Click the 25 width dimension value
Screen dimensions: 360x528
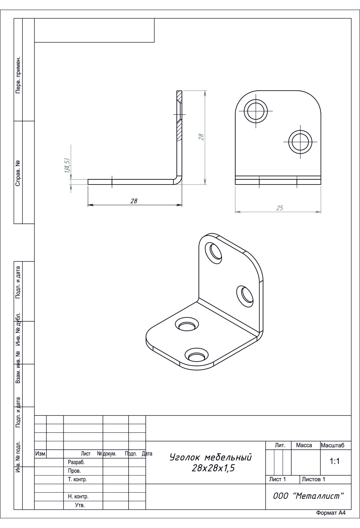click(280, 208)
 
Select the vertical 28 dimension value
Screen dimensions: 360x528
click(201, 137)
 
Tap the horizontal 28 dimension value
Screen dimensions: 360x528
click(134, 201)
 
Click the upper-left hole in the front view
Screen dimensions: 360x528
click(256, 111)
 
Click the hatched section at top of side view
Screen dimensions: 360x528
click(179, 115)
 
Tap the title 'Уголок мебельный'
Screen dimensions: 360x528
click(211, 457)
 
